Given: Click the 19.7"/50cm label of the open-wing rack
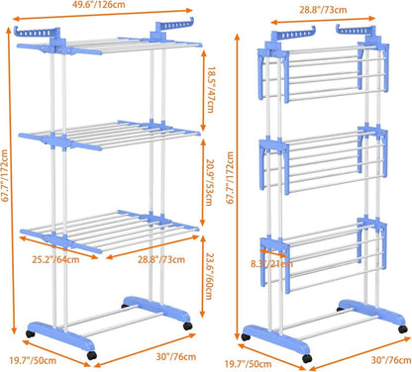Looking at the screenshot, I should click(x=27, y=361).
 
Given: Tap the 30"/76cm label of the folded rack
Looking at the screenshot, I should click(x=388, y=360).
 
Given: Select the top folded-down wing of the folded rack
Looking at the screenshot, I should click(x=322, y=74).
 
